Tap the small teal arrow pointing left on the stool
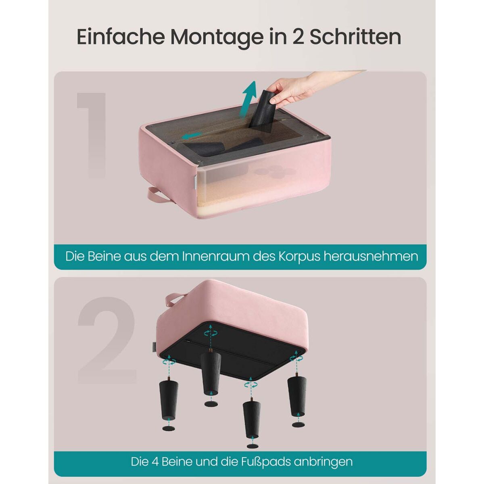192,136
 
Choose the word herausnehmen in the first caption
371,257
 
